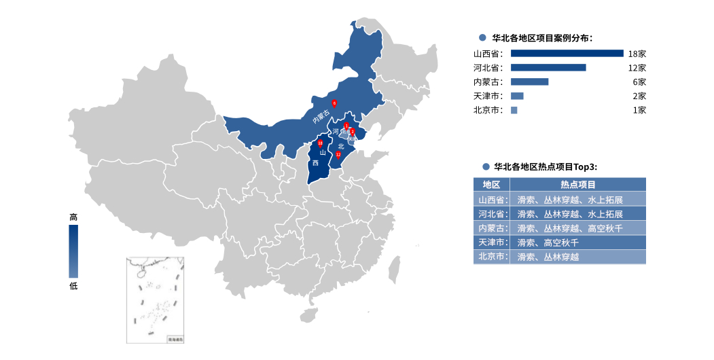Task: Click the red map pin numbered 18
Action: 320,143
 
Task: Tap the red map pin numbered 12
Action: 338,154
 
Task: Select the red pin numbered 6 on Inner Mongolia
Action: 334,103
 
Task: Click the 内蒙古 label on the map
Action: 321,117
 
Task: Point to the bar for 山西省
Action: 567,53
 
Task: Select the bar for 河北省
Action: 548,67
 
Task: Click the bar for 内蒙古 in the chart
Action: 529,82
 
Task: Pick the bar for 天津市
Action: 517,96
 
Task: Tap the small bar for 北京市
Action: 514,110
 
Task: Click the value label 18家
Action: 637,53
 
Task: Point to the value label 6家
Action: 639,82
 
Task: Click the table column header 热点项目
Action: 577,184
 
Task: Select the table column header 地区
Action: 491,184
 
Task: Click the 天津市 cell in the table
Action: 491,242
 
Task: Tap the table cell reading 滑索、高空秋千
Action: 551,242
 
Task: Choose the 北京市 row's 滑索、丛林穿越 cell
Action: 548,257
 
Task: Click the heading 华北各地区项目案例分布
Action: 546,38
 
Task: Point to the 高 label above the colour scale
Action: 73,217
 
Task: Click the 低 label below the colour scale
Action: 73,285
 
